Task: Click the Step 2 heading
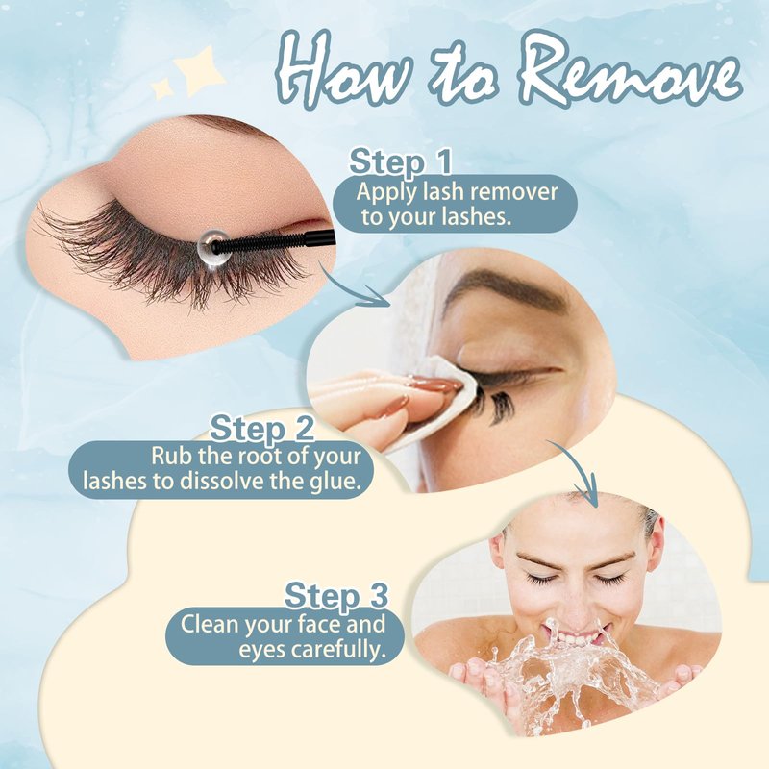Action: coord(261,428)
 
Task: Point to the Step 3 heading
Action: coord(336,595)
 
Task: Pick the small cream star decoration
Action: coord(161,88)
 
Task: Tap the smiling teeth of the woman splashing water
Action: coord(581,638)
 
